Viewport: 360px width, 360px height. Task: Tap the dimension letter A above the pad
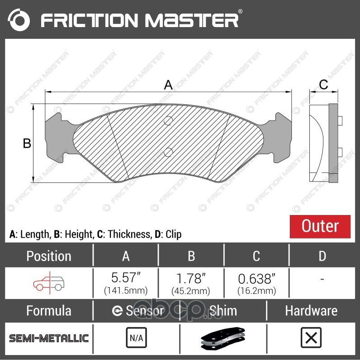168,84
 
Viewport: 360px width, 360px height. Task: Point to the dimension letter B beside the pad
27,143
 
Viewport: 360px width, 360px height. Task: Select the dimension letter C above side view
323,84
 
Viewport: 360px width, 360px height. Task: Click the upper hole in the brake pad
168,120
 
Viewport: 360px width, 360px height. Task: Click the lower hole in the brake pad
168,151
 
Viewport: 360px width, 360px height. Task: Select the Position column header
49,256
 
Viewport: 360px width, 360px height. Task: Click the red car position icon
49,283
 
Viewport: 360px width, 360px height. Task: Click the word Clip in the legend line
173,234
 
